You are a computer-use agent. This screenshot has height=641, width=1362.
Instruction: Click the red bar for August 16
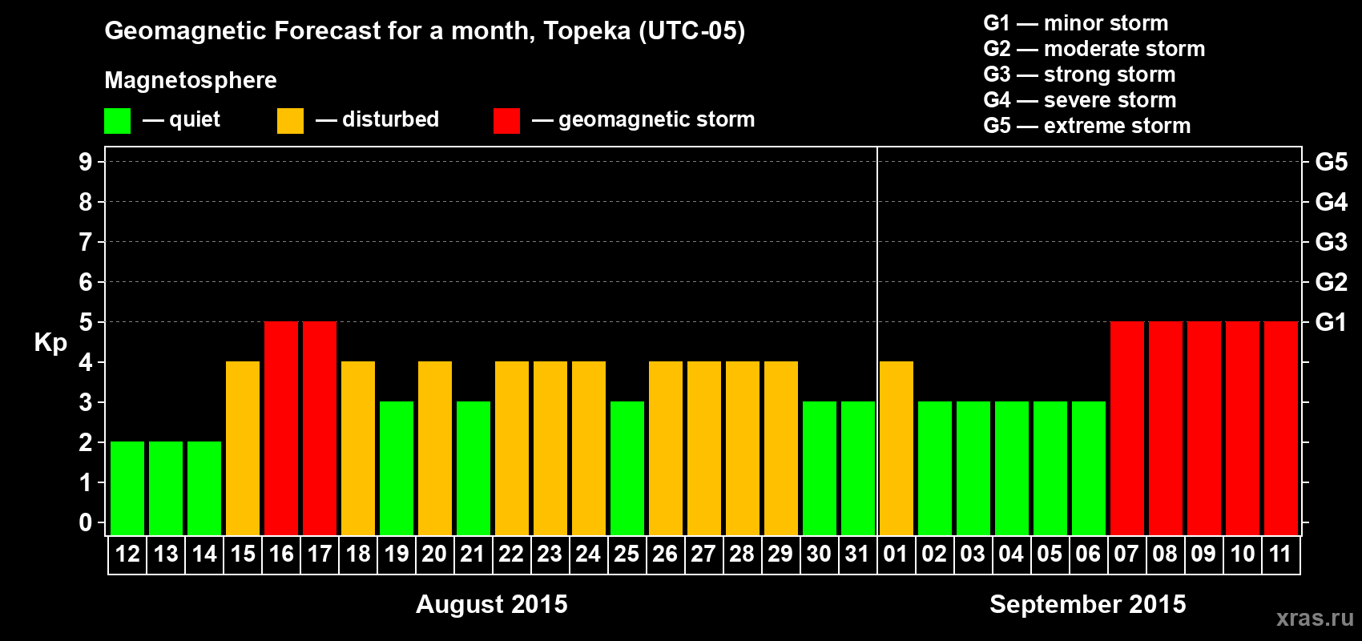click(281, 428)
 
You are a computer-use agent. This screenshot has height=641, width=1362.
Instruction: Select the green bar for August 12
click(127, 488)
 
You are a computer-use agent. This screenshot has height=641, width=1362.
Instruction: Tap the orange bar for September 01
click(897, 448)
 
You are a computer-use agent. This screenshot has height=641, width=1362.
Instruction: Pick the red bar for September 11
click(1280, 428)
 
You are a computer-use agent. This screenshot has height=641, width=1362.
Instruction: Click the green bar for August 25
click(627, 468)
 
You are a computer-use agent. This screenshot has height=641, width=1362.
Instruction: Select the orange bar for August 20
click(435, 448)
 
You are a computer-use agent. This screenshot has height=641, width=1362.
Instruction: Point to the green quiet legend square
click(118, 121)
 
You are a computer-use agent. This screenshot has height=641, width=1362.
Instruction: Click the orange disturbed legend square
click(290, 121)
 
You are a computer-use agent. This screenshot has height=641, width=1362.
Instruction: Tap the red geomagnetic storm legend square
click(506, 121)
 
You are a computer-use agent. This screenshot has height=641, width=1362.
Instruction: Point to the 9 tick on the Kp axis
click(86, 162)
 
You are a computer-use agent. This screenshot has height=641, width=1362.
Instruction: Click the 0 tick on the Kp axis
click(86, 522)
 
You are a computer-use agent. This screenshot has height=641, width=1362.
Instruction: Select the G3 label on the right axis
click(1331, 242)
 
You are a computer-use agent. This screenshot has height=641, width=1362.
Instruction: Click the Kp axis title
click(50, 343)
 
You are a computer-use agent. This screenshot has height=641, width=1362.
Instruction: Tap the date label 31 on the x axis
click(857, 554)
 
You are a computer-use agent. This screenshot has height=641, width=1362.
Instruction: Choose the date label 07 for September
click(1126, 554)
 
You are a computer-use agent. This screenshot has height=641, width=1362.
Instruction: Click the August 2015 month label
click(491, 604)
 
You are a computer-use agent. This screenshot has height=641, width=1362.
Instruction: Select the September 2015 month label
click(1087, 604)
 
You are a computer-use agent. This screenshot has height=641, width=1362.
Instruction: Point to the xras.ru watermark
click(1315, 618)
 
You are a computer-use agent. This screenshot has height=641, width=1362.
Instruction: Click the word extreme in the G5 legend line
click(1078, 126)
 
